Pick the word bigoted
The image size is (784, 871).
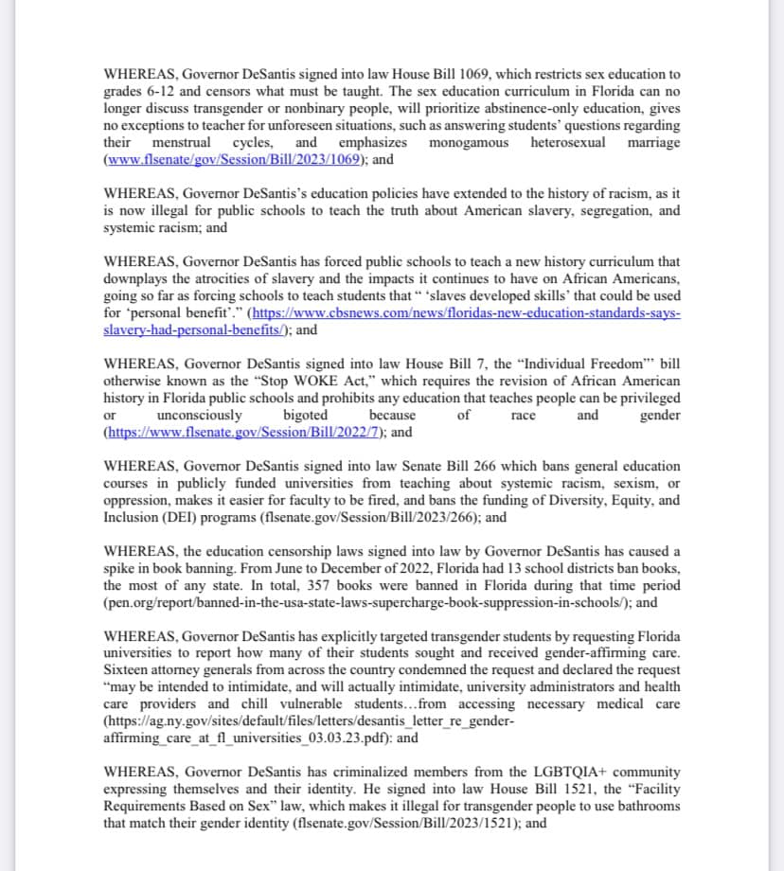coord(305,416)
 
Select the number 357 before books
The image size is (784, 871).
coord(338,586)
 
